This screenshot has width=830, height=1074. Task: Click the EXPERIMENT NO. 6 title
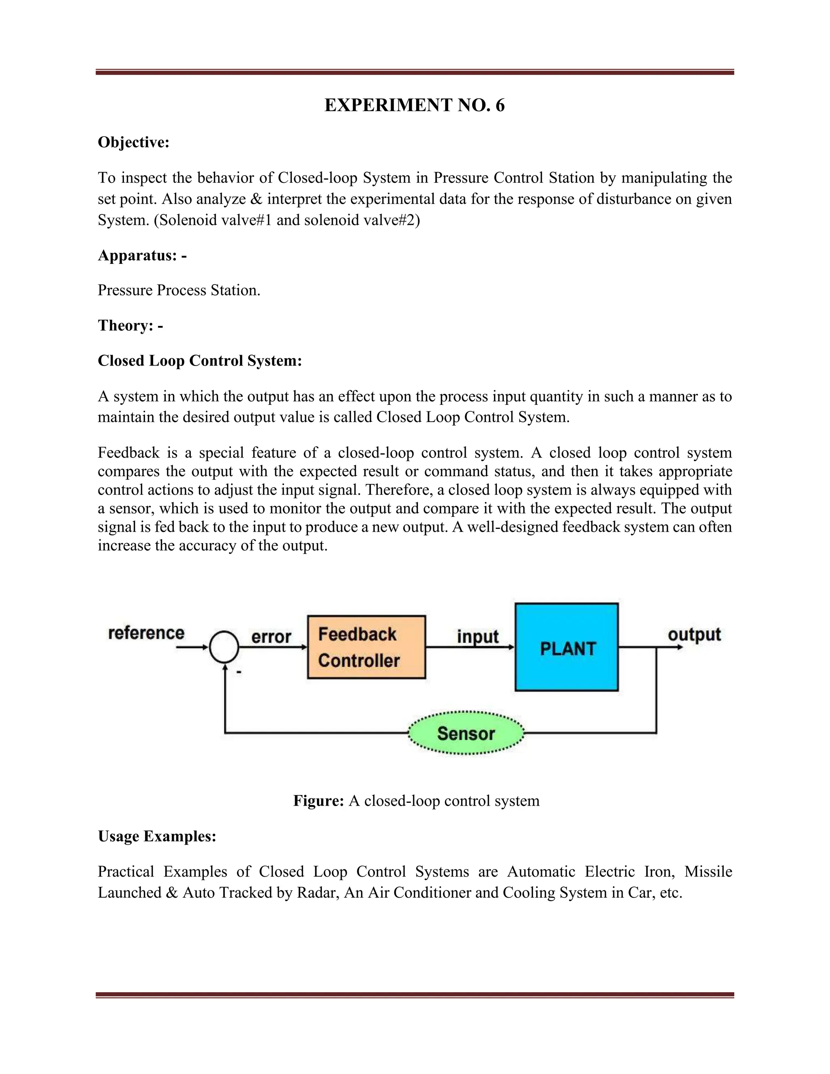(x=415, y=106)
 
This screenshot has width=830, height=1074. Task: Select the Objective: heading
(x=133, y=142)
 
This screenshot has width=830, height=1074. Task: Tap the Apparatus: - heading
(x=142, y=256)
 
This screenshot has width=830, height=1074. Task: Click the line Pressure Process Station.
(x=179, y=290)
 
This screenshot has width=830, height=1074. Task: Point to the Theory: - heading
(x=130, y=325)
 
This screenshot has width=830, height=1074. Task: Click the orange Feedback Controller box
(x=366, y=647)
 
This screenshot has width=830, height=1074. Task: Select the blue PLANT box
(x=567, y=647)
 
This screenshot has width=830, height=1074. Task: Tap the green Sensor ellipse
(x=466, y=733)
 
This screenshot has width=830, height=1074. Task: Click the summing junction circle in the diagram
(x=224, y=647)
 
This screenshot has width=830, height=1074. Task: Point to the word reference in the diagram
(x=146, y=633)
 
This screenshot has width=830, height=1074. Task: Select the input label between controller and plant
(x=477, y=636)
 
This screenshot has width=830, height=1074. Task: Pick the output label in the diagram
(x=694, y=634)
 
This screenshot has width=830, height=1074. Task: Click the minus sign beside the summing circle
(x=239, y=672)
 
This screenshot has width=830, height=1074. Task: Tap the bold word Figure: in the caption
(x=318, y=800)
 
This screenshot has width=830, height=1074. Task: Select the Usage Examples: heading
(x=157, y=836)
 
